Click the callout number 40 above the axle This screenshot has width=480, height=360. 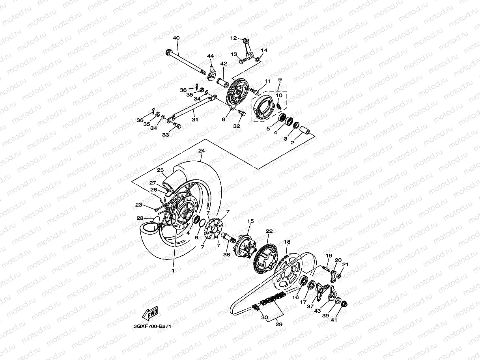[176, 38]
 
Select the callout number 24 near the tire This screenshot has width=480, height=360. [202, 151]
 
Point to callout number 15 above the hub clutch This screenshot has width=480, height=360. [249, 222]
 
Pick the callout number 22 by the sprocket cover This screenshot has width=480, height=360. [269, 231]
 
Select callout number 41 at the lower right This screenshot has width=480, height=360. [334, 320]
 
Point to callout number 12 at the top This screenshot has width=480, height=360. [233, 38]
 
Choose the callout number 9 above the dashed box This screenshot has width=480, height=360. [280, 80]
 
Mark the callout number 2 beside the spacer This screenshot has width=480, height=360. [293, 143]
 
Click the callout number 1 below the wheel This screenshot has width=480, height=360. [172, 271]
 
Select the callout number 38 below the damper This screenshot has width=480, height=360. [226, 255]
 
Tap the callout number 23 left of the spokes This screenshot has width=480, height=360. [138, 205]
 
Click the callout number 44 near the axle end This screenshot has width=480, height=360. [210, 56]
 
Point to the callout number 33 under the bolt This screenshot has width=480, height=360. [166, 135]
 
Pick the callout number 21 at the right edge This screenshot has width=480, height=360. [346, 264]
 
